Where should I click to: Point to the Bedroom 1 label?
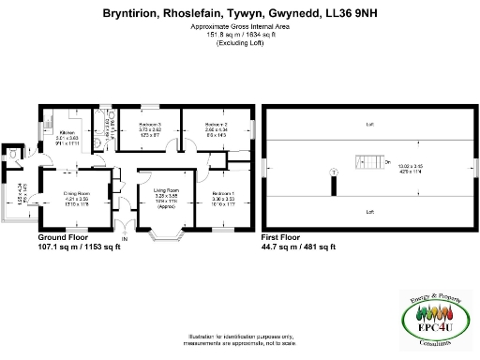[x=223, y=192]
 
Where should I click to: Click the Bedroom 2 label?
[x=217, y=125]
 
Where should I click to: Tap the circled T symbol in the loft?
[x=333, y=171]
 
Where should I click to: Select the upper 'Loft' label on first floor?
[x=370, y=125]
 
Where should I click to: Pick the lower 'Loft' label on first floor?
[x=370, y=212]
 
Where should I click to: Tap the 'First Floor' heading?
[x=284, y=237]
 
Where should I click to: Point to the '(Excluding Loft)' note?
[x=239, y=44]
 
